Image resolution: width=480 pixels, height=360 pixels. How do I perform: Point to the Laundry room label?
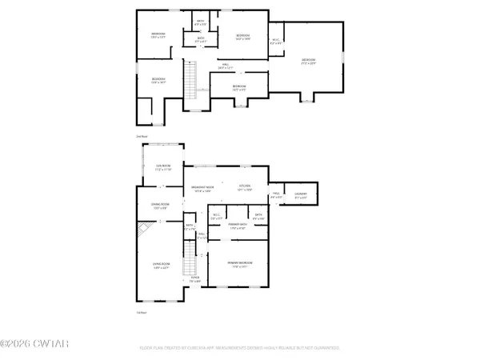click(x=301, y=195)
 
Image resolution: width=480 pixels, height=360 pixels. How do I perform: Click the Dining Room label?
click(x=160, y=206)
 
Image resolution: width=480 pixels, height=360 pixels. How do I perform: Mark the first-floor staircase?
click(x=191, y=260)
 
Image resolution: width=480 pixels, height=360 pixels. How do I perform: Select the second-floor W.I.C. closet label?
click(x=276, y=40)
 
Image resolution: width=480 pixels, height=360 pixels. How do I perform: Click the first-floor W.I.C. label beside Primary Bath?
click(x=217, y=216)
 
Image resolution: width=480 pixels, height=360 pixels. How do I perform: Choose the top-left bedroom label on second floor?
click(x=157, y=35)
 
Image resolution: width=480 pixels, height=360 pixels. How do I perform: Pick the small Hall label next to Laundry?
click(x=276, y=195)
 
